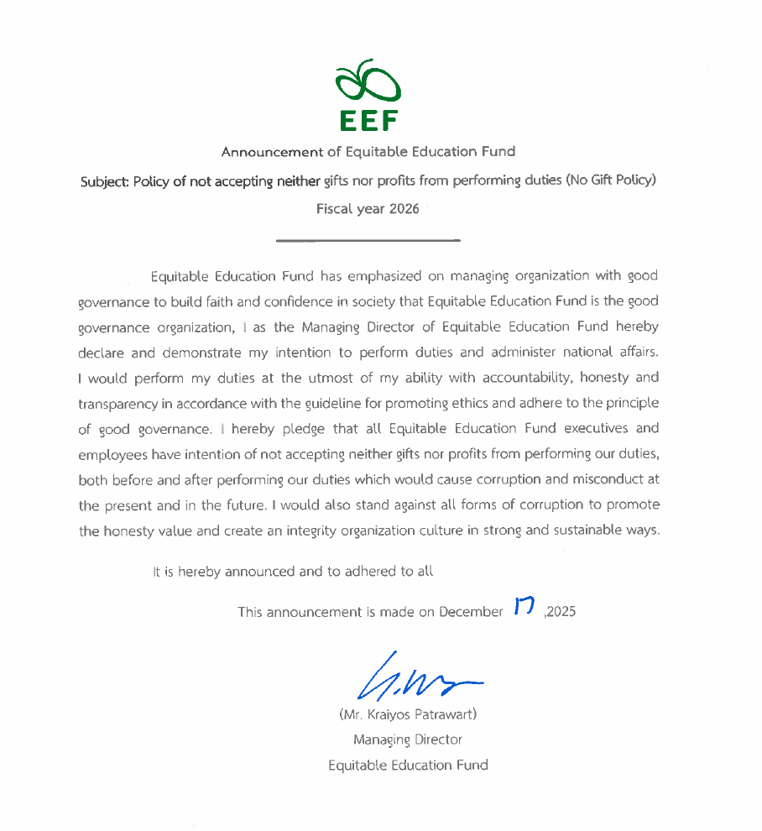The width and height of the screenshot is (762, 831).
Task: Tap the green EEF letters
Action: click(x=368, y=122)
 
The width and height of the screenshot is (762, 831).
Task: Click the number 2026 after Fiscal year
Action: click(x=404, y=209)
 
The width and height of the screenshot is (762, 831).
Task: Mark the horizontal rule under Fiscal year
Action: click(x=368, y=241)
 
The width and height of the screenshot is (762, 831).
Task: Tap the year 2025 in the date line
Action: click(x=561, y=612)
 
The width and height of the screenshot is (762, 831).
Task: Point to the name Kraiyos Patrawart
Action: click(x=419, y=715)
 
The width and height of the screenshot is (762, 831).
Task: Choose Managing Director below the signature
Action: click(x=408, y=740)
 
